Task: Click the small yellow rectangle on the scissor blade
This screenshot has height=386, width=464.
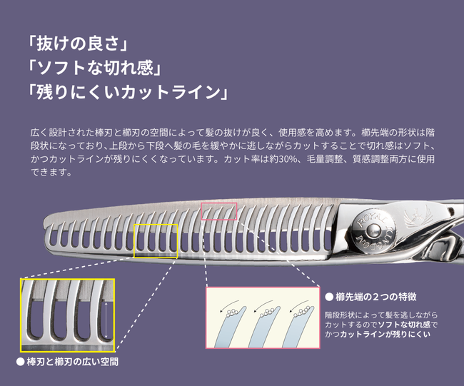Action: click(156, 240)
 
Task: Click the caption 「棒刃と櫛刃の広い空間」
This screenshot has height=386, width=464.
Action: click(72, 362)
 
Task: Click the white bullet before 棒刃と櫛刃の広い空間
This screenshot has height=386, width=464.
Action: click(21, 362)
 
